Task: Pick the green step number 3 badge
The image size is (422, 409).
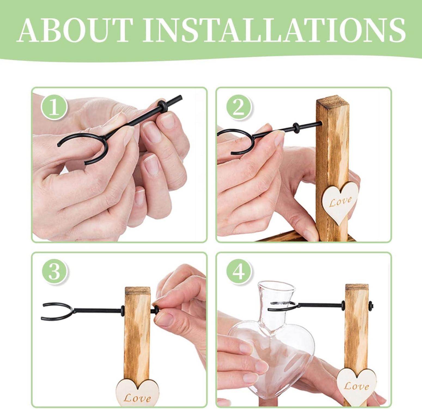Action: (x=54, y=272)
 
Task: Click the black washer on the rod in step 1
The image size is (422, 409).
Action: (x=161, y=105)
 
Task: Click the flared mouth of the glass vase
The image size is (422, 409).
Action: (x=277, y=286)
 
